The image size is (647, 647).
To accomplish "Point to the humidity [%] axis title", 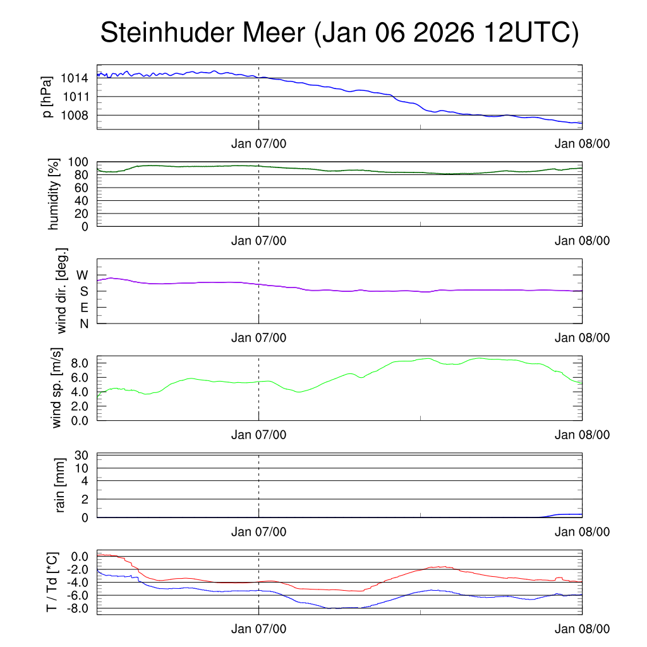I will point(53,193).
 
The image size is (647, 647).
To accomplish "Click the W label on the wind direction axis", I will point(82,275).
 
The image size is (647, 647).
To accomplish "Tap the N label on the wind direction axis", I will point(83,323).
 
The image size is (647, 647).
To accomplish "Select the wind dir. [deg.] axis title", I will point(61,291).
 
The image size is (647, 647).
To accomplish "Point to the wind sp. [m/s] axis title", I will point(57,387).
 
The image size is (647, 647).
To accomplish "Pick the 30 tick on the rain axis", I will point(82,456).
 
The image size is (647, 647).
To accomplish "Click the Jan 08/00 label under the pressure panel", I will point(582,143).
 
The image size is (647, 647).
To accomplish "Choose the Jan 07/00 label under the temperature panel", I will point(258,629).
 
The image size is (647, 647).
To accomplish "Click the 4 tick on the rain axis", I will point(84,481).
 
